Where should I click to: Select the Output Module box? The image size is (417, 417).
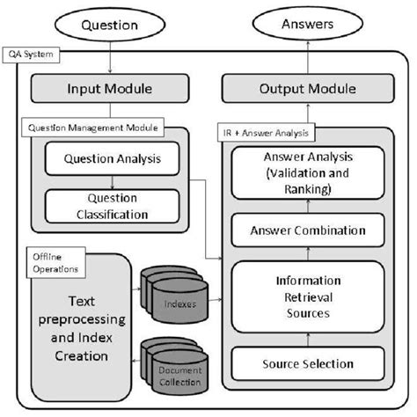click(301, 88)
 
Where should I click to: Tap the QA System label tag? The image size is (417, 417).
click(33, 55)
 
